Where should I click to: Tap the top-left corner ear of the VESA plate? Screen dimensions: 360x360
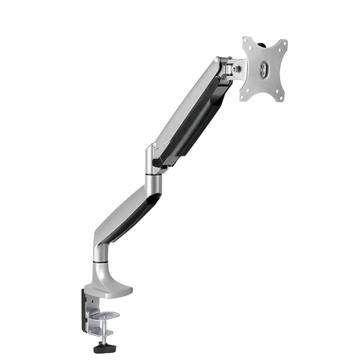coord(247,42)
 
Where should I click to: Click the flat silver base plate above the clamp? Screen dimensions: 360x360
coord(110,290)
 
